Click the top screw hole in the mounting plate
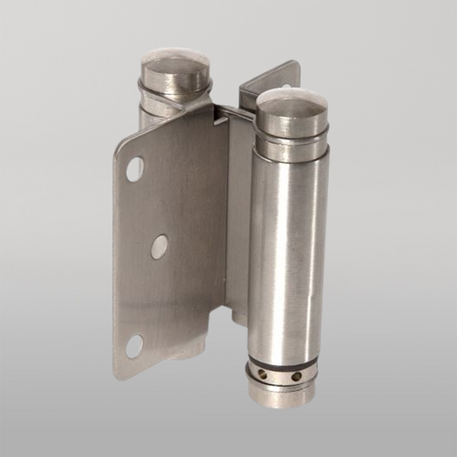point(135,169)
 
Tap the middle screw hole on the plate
point(159,246)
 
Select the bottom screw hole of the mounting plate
point(134,347)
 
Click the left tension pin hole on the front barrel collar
point(264,374)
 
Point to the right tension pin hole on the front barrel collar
point(296,376)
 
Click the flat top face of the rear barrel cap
point(176,62)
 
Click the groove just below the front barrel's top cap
point(292,138)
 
